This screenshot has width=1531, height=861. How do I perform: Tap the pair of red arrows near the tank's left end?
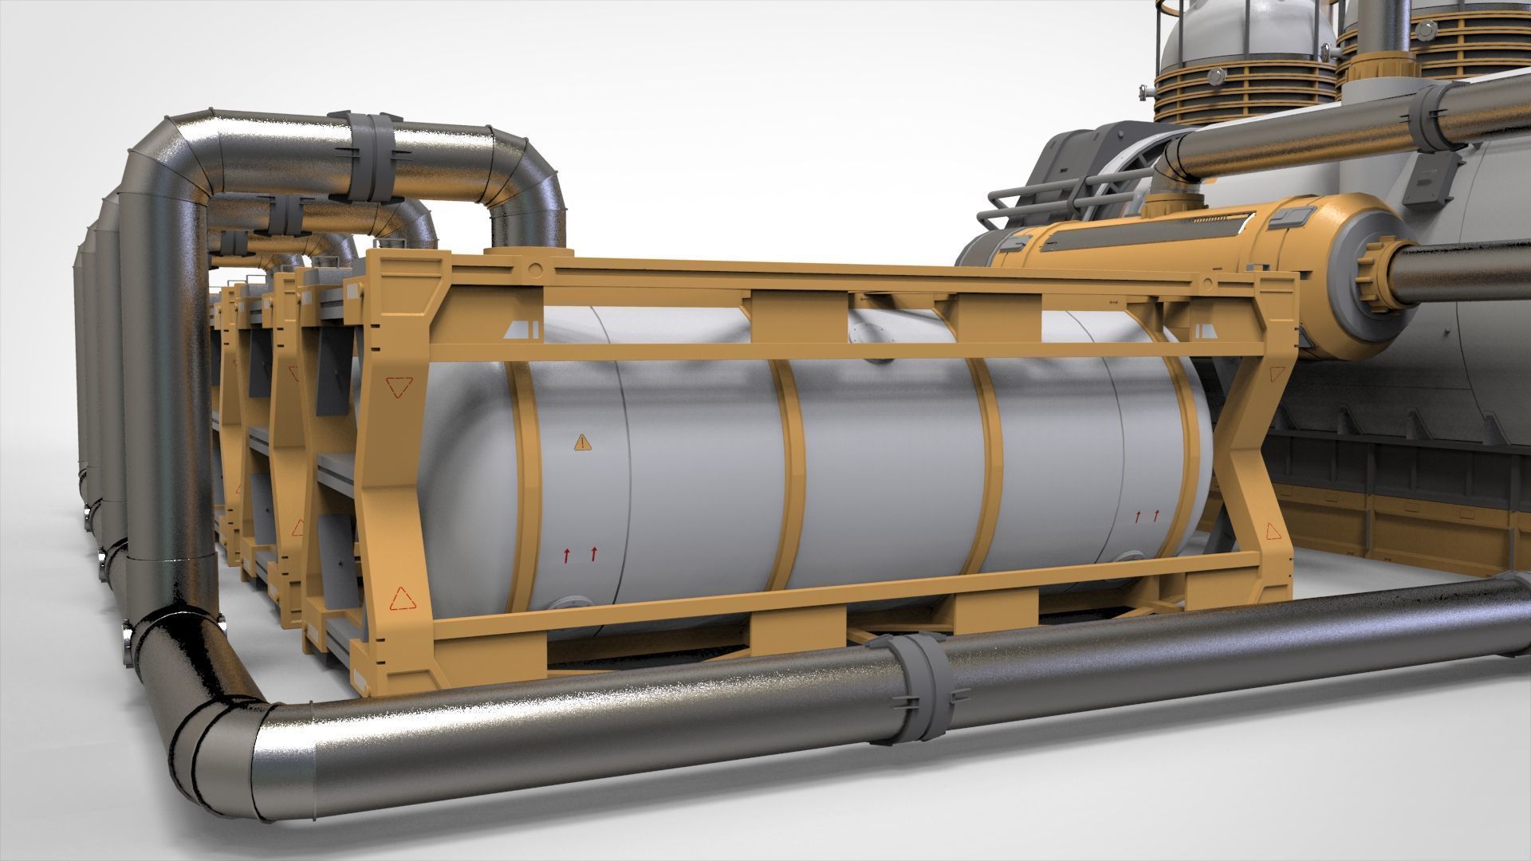[x=579, y=554]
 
